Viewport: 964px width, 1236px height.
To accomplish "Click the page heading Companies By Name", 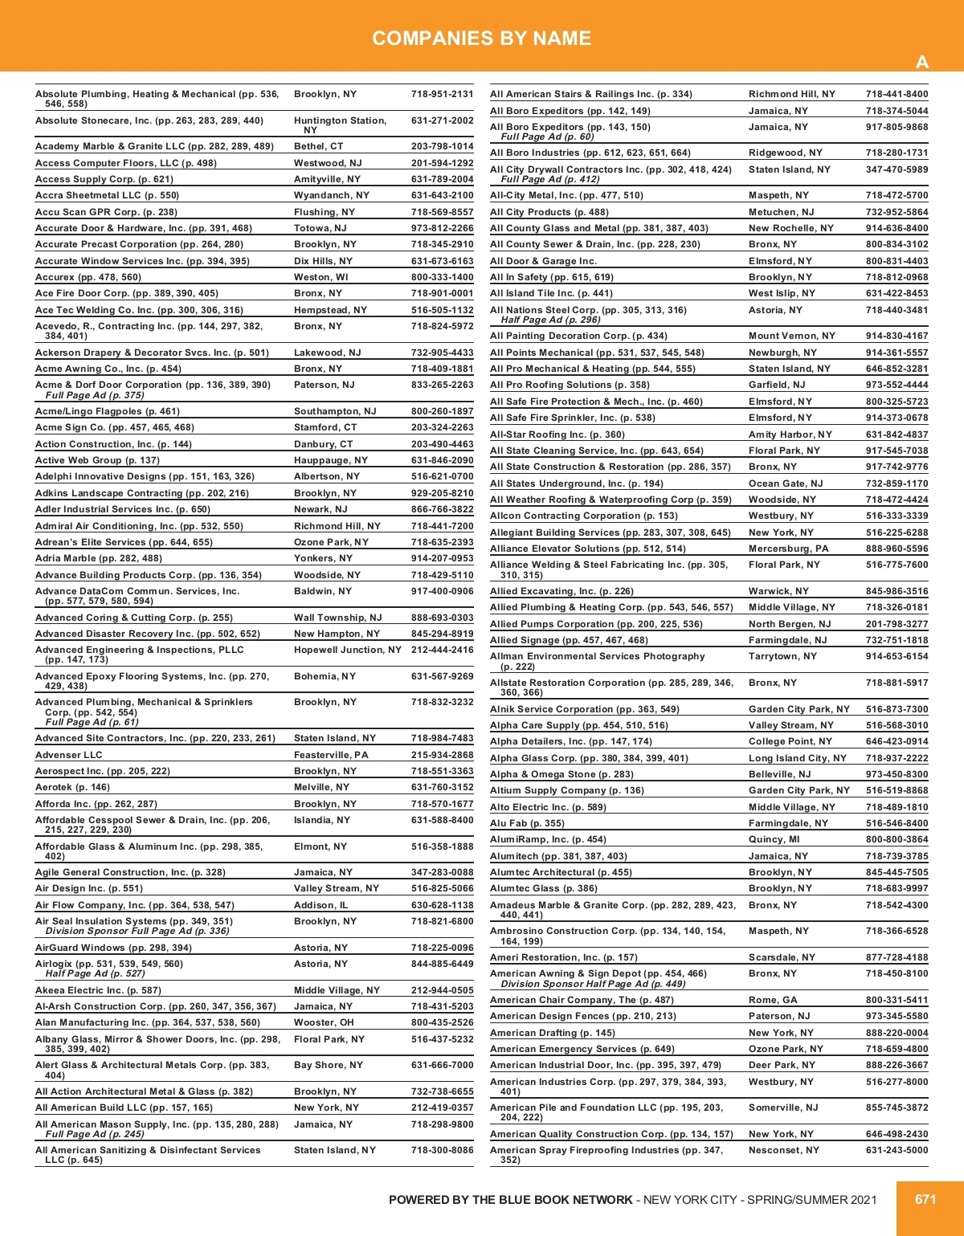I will point(481,38).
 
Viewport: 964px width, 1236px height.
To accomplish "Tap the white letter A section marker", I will point(922,63).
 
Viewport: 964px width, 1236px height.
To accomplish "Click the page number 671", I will point(925,1199).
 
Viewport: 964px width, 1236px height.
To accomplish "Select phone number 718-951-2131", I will point(442,94).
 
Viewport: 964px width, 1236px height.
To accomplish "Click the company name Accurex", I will point(55,277).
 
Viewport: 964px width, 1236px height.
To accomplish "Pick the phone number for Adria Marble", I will point(442,558).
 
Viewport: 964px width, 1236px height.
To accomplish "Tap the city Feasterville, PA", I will point(331,755).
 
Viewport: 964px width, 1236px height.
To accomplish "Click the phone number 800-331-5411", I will point(897,1000).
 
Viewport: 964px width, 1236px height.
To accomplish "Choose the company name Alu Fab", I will point(509,823).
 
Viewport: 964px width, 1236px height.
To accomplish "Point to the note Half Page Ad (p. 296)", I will point(550,320).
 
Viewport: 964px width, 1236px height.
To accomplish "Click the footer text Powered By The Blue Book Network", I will point(510,1200).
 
